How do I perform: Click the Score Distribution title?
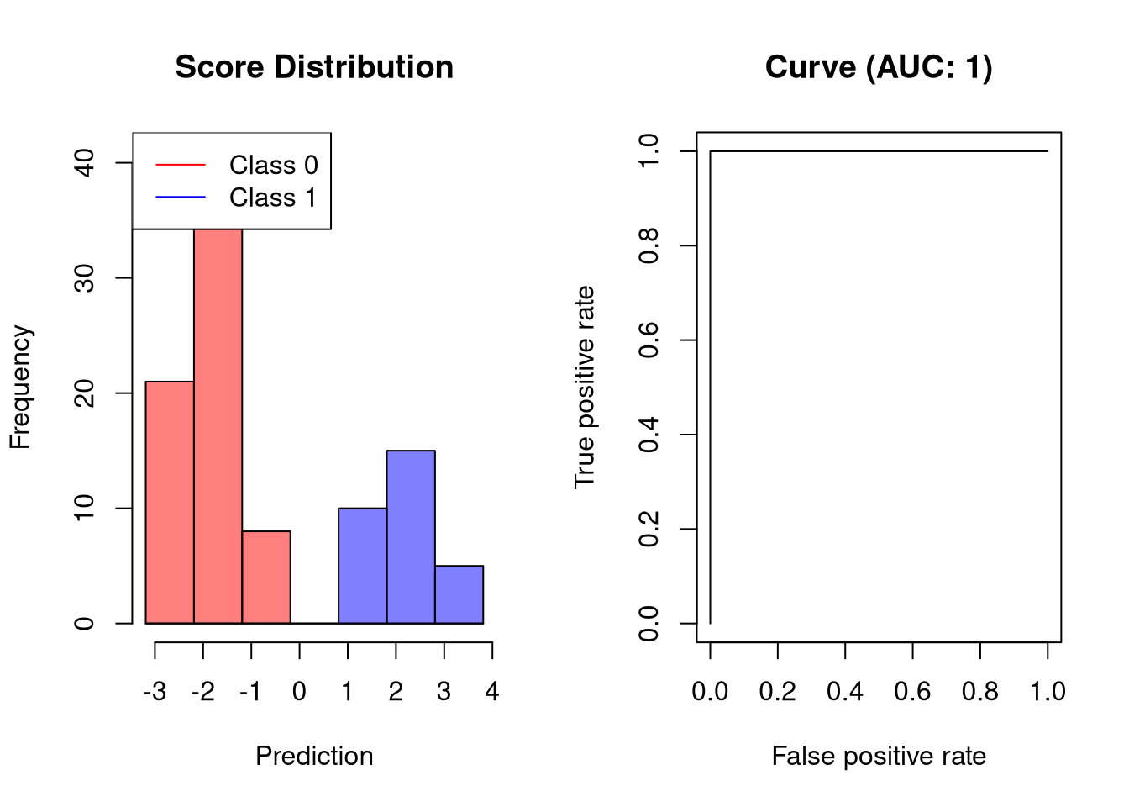click(314, 67)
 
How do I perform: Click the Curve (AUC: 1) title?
click(879, 67)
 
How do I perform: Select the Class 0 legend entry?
click(273, 165)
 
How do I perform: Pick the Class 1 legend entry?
click(273, 198)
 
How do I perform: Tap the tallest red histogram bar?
click(218, 420)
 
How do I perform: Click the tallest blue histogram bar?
click(411, 537)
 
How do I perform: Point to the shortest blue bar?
click(459, 595)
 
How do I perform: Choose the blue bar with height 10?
click(363, 566)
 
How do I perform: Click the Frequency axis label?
click(20, 388)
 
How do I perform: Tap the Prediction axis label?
click(314, 756)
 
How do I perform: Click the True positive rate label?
click(585, 388)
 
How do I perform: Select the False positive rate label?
click(879, 756)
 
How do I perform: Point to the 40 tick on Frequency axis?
click(85, 162)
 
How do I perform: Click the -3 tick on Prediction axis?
click(155, 692)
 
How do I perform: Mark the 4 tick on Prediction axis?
click(492, 692)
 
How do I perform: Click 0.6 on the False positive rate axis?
click(912, 692)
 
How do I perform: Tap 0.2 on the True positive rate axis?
click(649, 529)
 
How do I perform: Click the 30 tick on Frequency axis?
click(85, 277)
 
